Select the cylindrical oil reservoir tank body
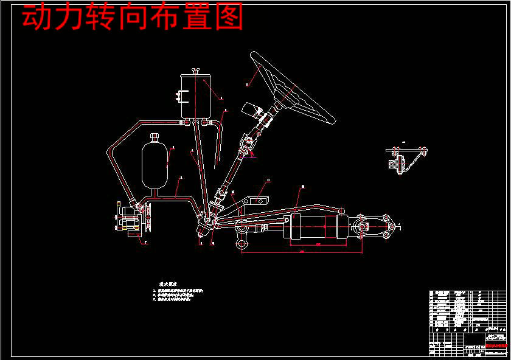click(196, 97)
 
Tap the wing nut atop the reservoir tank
click(196, 72)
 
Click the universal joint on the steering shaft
click(247, 147)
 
